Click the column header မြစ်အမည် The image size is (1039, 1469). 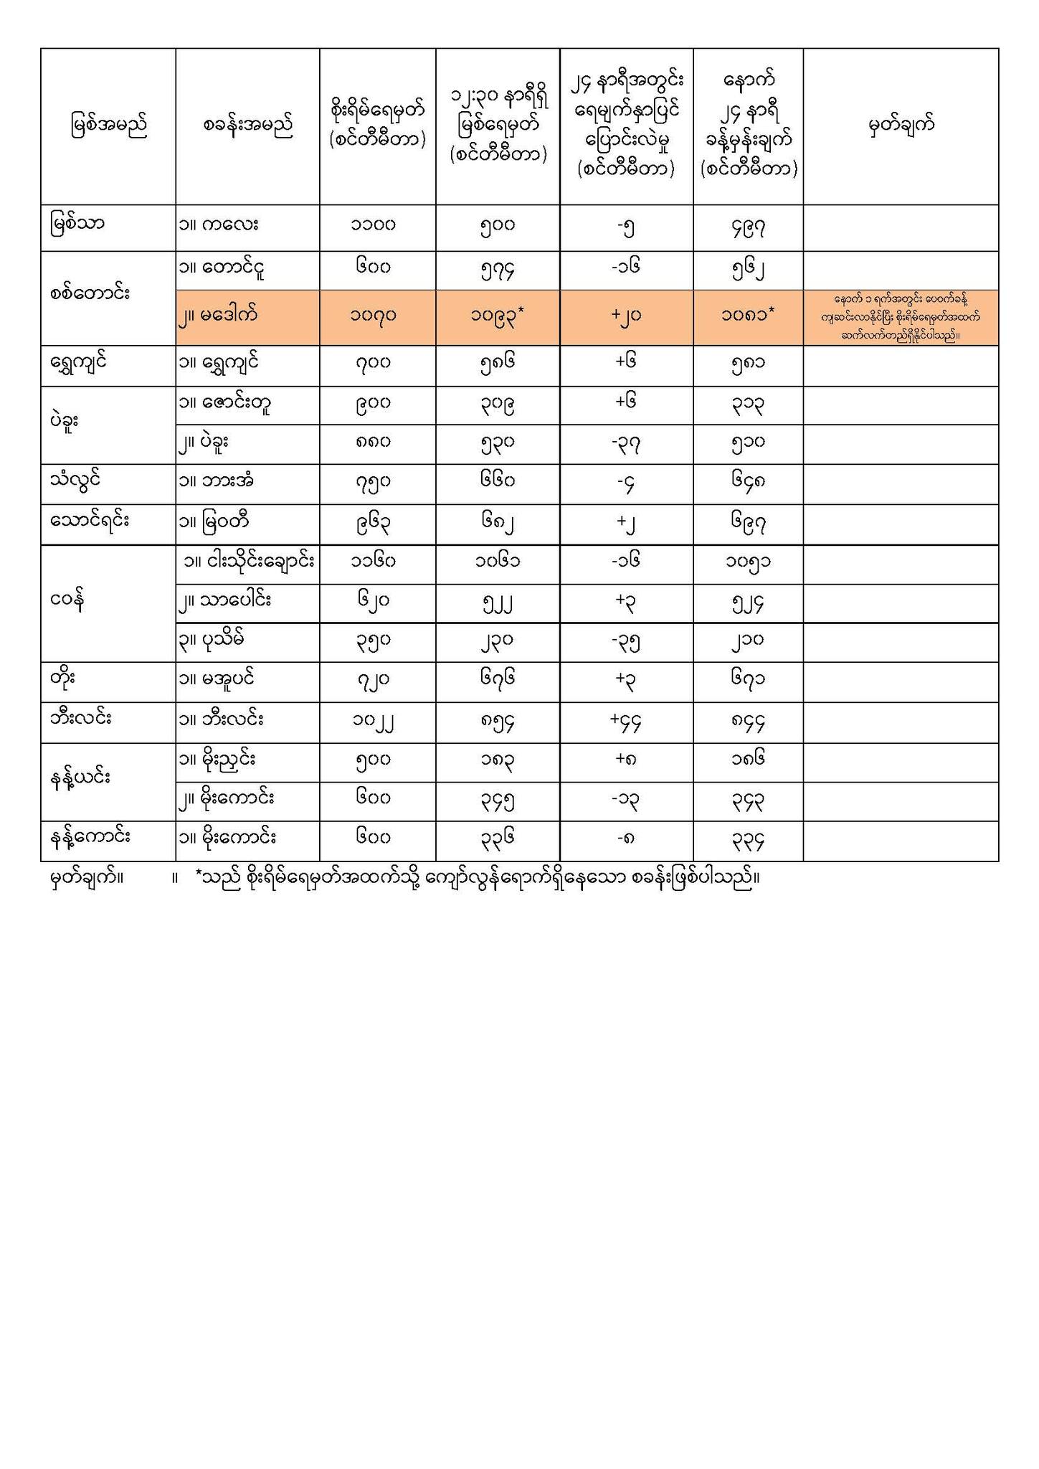(x=109, y=126)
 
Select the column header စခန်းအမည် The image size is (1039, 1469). (x=247, y=126)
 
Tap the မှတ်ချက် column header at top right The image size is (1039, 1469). (x=901, y=126)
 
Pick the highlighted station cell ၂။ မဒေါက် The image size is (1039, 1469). (x=218, y=314)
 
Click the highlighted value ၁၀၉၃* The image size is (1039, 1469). (x=497, y=316)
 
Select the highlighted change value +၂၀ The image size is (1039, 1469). (x=626, y=316)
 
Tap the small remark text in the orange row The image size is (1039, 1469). (x=901, y=316)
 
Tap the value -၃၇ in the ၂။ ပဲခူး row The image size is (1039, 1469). (x=626, y=444)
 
